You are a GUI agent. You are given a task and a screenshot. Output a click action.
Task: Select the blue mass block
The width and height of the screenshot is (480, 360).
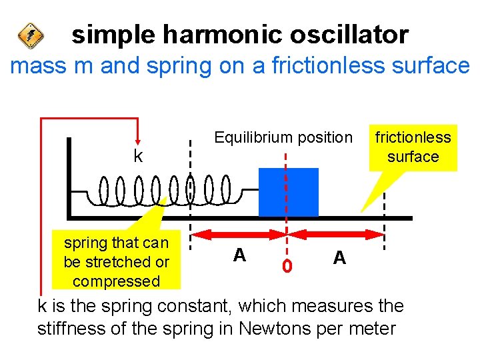coord(289,192)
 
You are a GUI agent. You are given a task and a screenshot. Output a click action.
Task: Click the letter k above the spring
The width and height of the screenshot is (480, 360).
coord(137,156)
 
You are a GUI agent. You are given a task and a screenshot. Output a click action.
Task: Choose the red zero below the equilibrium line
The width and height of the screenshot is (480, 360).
coord(287,266)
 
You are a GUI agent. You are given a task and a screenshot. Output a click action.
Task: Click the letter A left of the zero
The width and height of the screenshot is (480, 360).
coord(239,255)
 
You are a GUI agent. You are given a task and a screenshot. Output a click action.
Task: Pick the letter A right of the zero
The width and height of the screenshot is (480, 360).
coord(339,257)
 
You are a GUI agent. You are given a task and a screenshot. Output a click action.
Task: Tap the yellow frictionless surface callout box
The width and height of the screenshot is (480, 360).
coord(413,147)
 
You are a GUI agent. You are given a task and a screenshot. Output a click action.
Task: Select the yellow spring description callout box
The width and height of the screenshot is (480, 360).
coord(116,261)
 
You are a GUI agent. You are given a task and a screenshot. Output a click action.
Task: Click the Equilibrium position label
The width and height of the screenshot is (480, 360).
coord(283,137)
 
